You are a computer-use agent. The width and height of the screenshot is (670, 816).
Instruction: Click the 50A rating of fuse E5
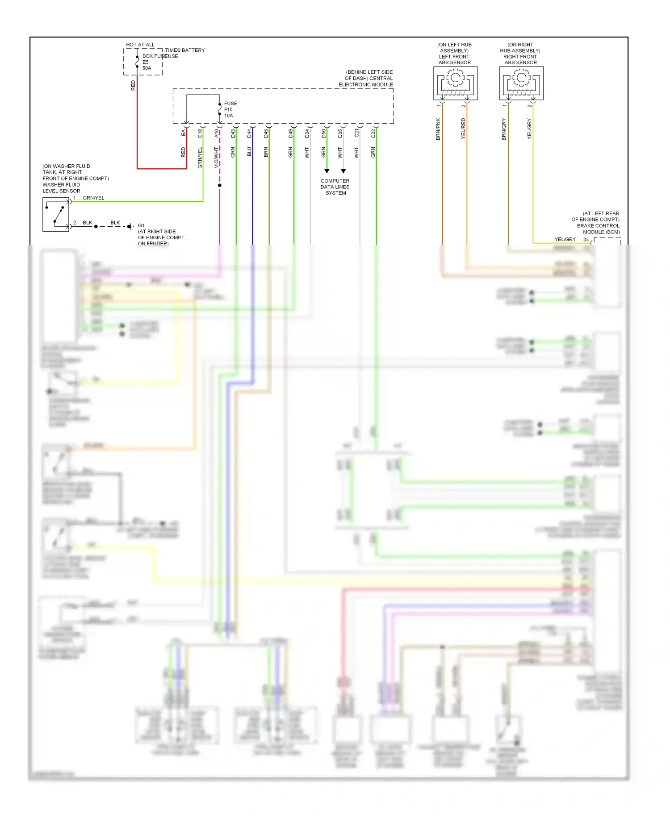pyautogui.click(x=147, y=68)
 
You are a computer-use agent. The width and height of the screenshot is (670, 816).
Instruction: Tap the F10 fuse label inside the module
pyautogui.click(x=228, y=109)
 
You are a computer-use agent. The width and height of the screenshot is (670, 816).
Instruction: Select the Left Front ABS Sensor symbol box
pyautogui.click(x=455, y=83)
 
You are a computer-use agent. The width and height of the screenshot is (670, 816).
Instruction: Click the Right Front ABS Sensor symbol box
pyautogui.click(x=521, y=83)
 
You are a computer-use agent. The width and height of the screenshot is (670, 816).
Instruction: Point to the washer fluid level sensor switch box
pyautogui.click(x=56, y=215)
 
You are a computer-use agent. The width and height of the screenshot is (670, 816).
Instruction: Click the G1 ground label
pyautogui.click(x=141, y=225)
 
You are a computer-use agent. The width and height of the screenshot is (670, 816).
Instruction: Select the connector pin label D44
pyautogui.click(x=249, y=133)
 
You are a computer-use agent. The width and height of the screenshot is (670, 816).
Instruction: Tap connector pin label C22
pyautogui.click(x=373, y=133)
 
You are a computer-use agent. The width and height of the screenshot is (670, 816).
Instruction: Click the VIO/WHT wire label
pyautogui.click(x=216, y=157)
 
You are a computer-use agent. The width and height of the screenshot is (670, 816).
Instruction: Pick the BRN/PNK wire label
pyautogui.click(x=438, y=129)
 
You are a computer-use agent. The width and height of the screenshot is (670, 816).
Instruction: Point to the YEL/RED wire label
pyautogui.click(x=463, y=129)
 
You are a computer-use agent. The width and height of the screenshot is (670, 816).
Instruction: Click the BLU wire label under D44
pyautogui.click(x=249, y=152)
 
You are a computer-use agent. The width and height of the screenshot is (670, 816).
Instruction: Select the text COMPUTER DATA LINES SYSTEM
pyautogui.click(x=335, y=187)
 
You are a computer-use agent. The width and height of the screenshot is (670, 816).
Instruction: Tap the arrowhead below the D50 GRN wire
pyautogui.click(x=327, y=171)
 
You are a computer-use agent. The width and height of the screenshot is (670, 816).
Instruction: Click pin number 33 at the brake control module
pyautogui.click(x=586, y=240)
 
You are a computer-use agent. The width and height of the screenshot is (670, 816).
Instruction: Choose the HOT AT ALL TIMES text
pyautogui.click(x=140, y=45)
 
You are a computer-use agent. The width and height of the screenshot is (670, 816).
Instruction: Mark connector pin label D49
pyautogui.click(x=290, y=133)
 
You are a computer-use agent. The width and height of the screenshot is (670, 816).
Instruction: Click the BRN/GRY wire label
pyautogui.click(x=504, y=129)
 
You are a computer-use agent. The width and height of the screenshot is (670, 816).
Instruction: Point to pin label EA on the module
pyautogui.click(x=183, y=133)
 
